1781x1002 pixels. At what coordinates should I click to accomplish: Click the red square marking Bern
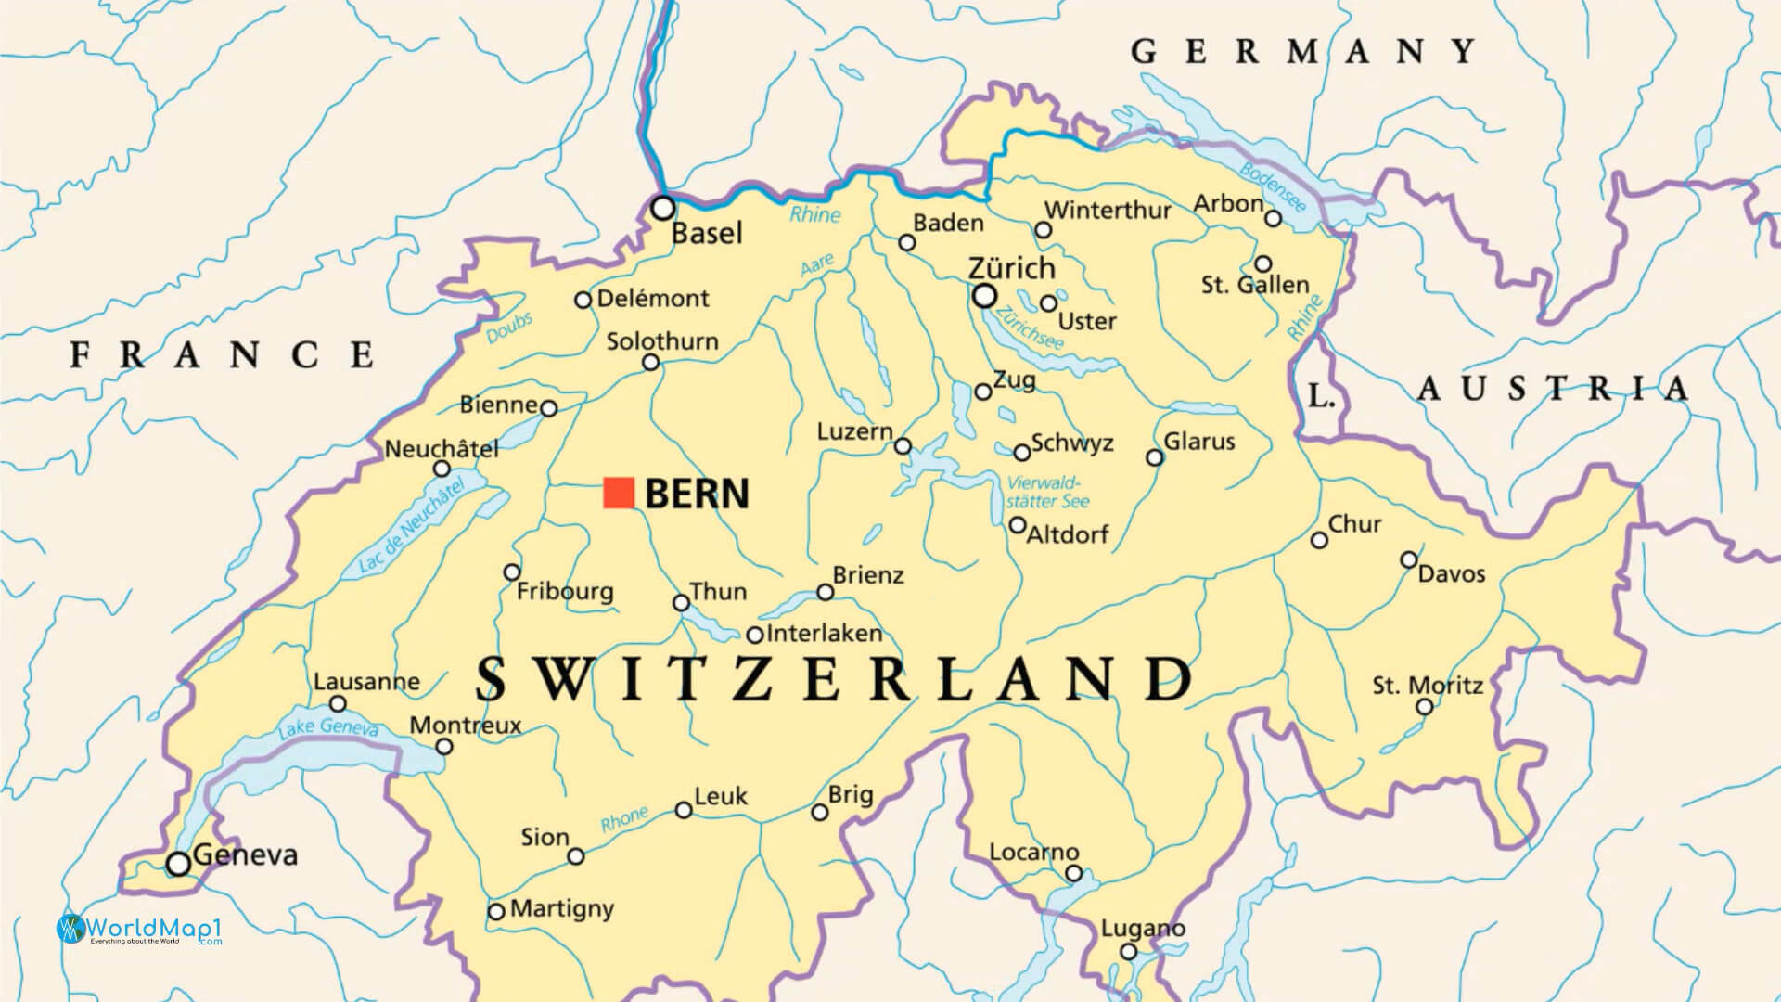tap(619, 493)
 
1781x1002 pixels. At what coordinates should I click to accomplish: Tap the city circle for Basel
tap(662, 208)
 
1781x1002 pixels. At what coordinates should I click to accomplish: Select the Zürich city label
tap(1011, 268)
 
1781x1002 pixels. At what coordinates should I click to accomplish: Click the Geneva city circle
tap(178, 864)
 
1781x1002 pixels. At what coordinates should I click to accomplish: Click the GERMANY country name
tap(1302, 51)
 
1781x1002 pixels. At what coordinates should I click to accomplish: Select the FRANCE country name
tap(224, 354)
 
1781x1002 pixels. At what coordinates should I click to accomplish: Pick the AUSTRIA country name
tap(1553, 389)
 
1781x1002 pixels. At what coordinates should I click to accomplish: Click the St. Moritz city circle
tap(1425, 707)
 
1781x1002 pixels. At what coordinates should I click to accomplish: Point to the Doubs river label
tap(509, 328)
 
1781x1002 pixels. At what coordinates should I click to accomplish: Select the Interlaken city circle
tap(755, 636)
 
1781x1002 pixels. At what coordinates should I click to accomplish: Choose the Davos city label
tap(1452, 574)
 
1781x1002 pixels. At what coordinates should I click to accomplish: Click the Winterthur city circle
tap(1044, 230)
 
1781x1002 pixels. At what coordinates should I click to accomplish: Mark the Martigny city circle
tap(496, 912)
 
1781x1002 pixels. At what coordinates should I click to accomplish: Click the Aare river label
tap(816, 266)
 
